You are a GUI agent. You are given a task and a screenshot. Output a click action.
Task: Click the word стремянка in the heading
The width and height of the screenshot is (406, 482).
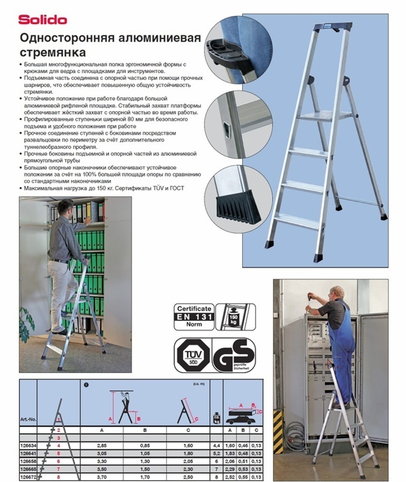(x=53, y=53)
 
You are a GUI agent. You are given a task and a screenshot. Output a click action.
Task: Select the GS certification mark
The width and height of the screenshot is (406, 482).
(x=235, y=356)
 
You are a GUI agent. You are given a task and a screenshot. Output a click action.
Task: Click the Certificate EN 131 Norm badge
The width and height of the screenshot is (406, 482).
(x=193, y=317)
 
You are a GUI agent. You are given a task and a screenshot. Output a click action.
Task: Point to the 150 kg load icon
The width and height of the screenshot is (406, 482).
(x=235, y=317)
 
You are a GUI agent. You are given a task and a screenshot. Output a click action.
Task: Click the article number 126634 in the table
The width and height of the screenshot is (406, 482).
(x=28, y=445)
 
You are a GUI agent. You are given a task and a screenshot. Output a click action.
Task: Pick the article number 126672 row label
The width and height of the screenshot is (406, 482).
(x=28, y=477)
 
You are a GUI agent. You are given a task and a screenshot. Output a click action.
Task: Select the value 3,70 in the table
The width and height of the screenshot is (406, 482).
(x=101, y=477)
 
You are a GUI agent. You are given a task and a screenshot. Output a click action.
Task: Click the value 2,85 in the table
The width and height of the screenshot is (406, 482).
(x=101, y=445)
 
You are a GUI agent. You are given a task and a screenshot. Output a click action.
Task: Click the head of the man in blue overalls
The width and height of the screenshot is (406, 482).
(x=337, y=292)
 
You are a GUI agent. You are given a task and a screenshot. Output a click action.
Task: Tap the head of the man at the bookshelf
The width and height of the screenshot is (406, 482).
(x=65, y=208)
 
